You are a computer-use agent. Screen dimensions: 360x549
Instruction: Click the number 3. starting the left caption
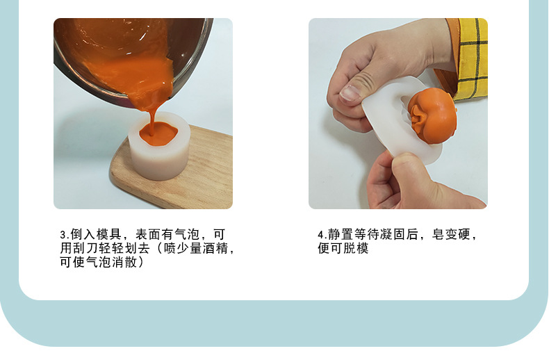point(64,235)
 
